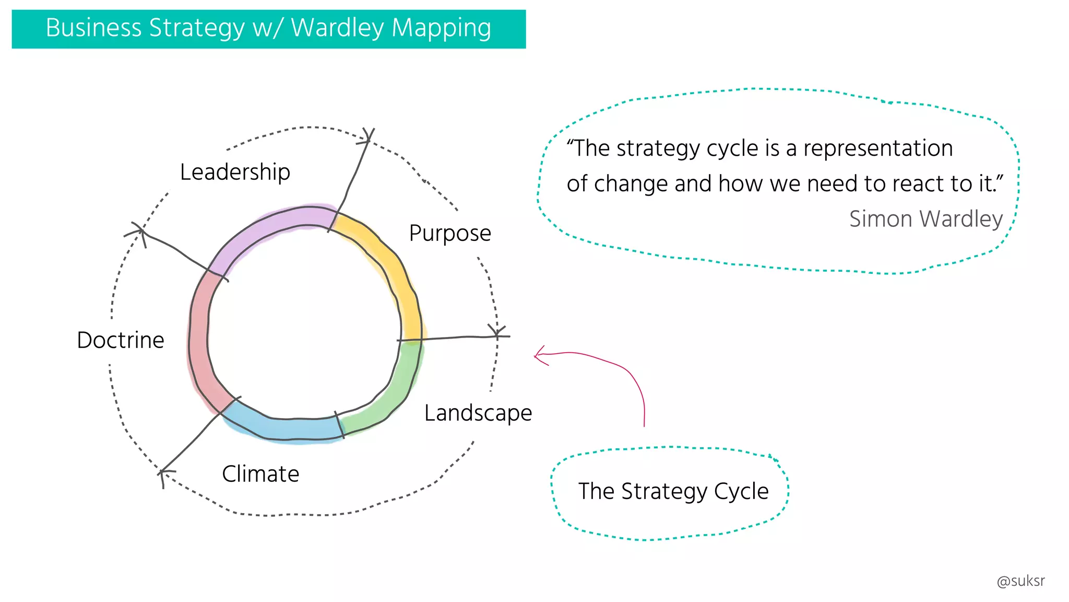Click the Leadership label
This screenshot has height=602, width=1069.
click(x=235, y=172)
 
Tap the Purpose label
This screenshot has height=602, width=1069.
click(x=449, y=233)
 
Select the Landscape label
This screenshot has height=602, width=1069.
click(x=478, y=413)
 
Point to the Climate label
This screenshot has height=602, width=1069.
click(x=260, y=474)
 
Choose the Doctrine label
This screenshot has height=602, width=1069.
click(x=121, y=340)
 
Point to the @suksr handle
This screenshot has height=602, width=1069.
click(x=1020, y=581)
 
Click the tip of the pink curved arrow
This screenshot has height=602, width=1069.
click(x=535, y=356)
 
